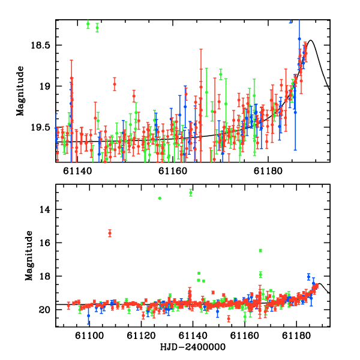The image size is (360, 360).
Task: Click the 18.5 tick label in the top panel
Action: (40, 45)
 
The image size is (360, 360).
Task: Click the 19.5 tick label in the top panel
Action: (40, 127)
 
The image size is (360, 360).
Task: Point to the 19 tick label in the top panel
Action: (44, 86)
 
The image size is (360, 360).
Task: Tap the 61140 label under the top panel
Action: (77, 171)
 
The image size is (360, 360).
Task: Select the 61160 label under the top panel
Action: (173, 171)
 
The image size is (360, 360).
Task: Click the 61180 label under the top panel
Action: (268, 171)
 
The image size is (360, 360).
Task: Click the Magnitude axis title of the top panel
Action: (20, 91)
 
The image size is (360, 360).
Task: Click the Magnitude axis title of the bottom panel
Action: (29, 256)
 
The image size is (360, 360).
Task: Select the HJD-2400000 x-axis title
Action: (193, 347)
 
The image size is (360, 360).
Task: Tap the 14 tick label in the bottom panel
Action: (45, 209)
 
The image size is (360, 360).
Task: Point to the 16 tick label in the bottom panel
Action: (45, 242)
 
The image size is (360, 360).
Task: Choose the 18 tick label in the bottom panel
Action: (45, 276)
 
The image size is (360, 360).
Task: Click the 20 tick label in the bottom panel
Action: (44, 310)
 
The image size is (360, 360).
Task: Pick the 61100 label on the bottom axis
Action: (89, 336)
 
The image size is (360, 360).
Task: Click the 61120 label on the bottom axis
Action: (141, 336)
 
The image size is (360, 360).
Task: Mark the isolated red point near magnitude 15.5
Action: (110, 233)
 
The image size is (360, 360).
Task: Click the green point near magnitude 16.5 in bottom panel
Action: (260, 250)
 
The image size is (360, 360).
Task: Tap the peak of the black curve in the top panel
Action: (311, 40)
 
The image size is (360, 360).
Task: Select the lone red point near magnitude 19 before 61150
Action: (115, 84)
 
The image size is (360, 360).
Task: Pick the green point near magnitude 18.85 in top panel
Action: (221, 74)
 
